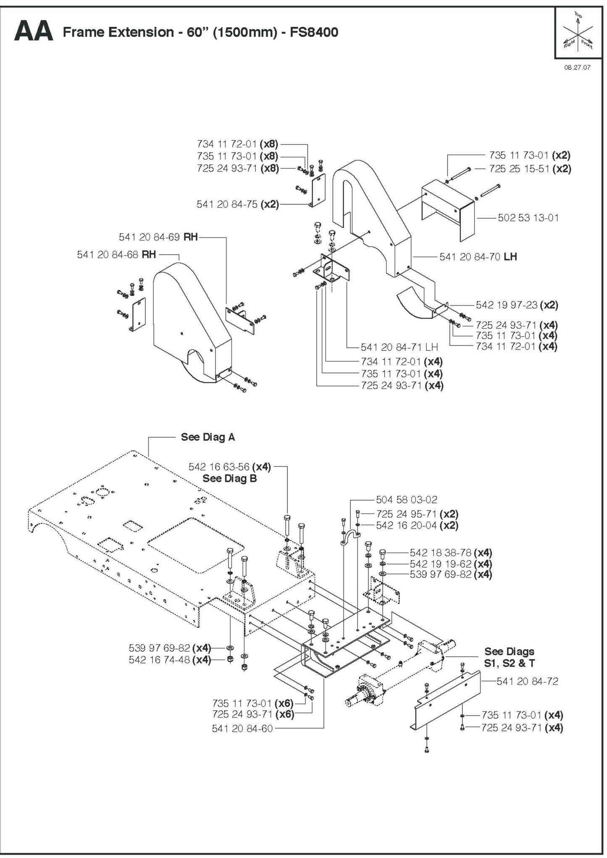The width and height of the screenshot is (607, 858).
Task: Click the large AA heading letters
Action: tap(34, 32)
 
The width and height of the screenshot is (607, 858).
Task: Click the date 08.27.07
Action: tap(577, 67)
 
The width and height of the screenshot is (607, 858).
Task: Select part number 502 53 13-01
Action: tap(528, 218)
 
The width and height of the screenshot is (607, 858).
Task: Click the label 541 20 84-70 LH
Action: tap(478, 257)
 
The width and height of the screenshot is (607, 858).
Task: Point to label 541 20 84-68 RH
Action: tap(116, 255)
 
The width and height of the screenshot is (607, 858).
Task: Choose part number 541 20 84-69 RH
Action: tap(158, 237)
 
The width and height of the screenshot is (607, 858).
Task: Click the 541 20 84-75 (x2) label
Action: tap(237, 204)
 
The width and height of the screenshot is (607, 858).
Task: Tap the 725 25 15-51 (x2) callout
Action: tap(530, 168)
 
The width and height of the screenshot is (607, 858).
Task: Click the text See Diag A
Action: tap(208, 437)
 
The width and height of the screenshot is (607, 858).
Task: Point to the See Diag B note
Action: tap(229, 478)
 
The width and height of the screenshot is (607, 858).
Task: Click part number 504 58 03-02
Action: tap(406, 500)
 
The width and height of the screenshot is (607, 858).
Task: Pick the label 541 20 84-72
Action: tap(527, 681)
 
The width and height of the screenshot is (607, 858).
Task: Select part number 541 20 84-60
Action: tap(242, 728)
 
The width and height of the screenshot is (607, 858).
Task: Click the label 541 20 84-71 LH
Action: tap(399, 347)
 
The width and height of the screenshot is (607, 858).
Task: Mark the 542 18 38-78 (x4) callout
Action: tap(450, 553)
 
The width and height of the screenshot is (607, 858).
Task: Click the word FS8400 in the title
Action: tap(314, 32)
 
